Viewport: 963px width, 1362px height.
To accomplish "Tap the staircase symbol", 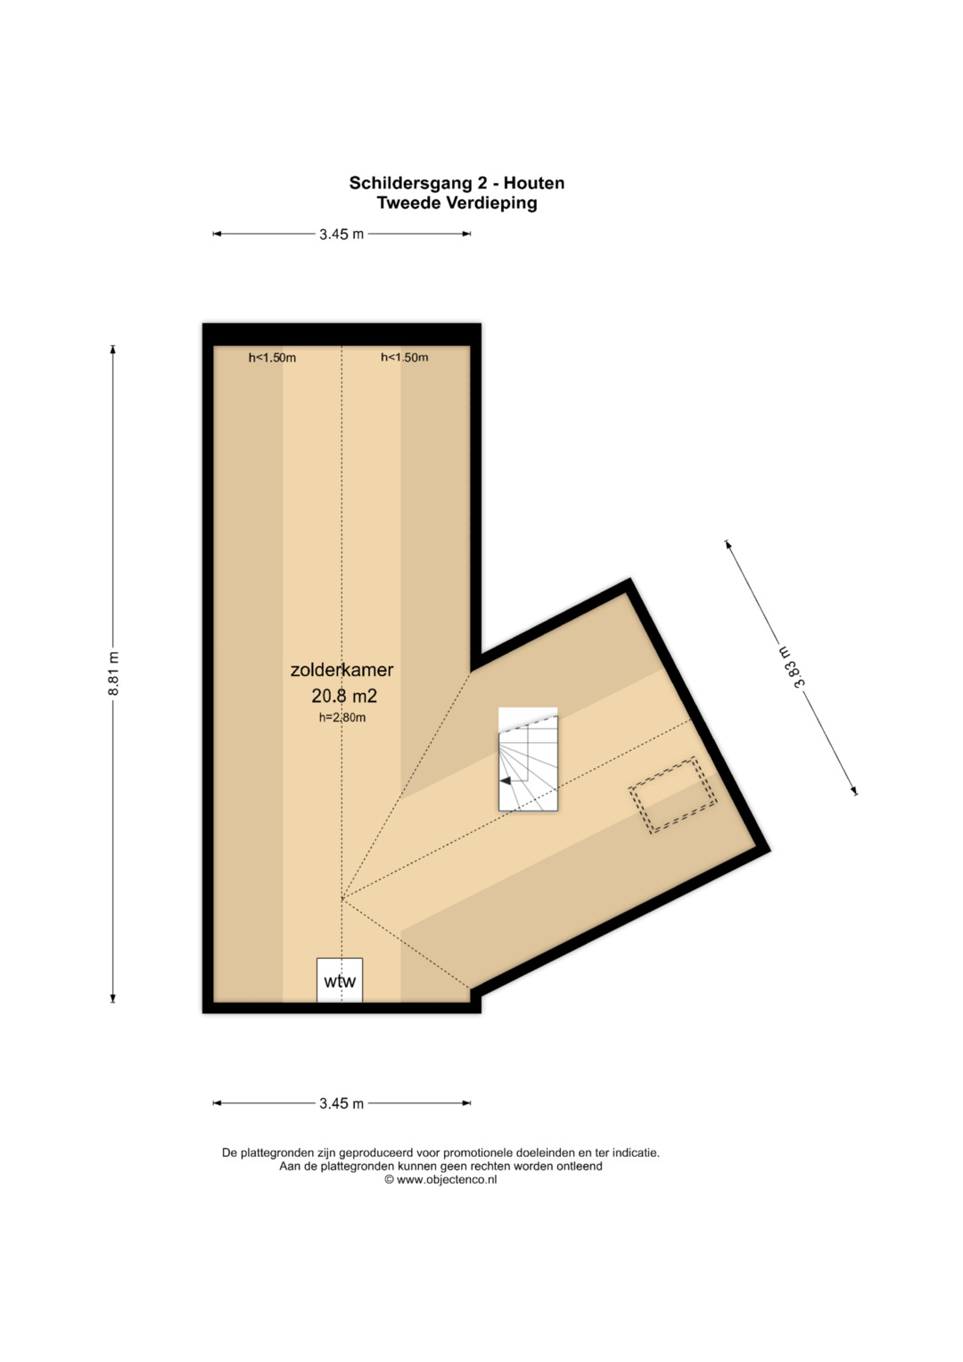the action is (x=528, y=759).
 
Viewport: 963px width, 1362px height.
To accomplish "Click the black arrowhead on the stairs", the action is (x=506, y=780).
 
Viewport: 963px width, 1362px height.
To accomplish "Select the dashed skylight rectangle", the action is (x=671, y=795).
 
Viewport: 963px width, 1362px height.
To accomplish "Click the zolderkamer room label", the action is (x=342, y=670).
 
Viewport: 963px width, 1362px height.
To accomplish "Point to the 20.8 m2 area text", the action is (x=344, y=695).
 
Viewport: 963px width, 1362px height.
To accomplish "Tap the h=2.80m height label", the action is (x=342, y=717).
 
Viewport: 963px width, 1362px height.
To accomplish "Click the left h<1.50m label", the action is (x=272, y=358).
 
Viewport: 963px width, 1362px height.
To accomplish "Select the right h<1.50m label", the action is (x=404, y=358).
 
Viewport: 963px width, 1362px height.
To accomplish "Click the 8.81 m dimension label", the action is (x=113, y=673).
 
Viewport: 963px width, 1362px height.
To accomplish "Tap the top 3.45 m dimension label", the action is (x=342, y=234).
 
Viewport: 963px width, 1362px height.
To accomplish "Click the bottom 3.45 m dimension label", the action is (x=342, y=1103).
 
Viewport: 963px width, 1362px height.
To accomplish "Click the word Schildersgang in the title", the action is (x=410, y=184).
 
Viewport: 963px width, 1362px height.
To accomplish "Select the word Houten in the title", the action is (x=534, y=183).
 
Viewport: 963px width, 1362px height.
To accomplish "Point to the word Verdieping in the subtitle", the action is (x=492, y=203).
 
